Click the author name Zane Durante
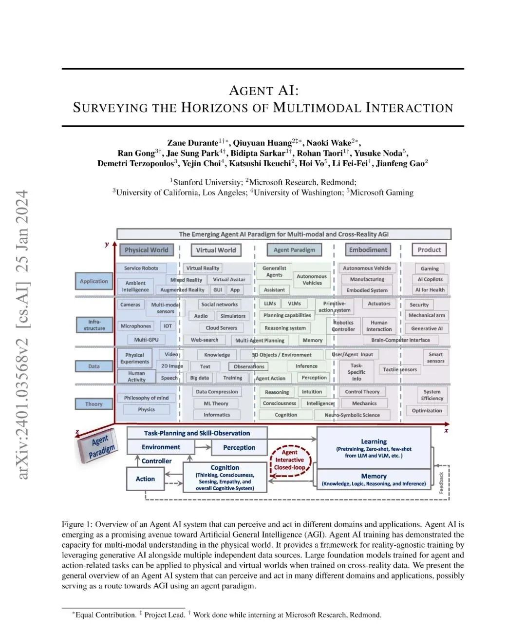coord(192,143)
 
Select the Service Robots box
coord(141,268)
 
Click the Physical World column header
coord(146,250)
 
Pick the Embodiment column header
coord(368,250)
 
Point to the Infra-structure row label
coord(94,325)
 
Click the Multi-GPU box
coord(146,340)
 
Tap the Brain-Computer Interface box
coord(400,340)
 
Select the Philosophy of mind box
coord(146,398)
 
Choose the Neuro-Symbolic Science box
coord(352,415)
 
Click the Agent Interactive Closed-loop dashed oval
coord(289,460)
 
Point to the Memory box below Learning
coord(374,479)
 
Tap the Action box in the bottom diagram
coord(145,479)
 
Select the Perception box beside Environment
coord(239,447)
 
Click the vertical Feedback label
coord(442,482)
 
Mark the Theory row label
coord(94,404)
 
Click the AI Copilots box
coord(430,279)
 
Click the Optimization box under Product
coord(427,410)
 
